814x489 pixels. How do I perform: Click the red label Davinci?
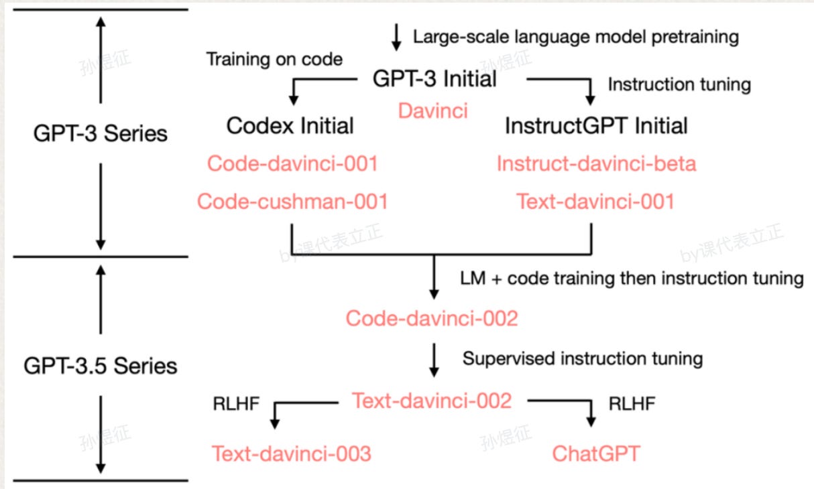pos(432,111)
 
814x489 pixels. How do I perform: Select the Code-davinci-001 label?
pos(292,163)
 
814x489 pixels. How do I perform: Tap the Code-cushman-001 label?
pos(292,201)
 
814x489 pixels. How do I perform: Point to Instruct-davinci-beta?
pos(596,163)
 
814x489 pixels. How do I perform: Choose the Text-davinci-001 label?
pos(595,201)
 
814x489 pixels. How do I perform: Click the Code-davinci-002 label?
pos(432,318)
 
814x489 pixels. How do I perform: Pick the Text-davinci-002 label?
pos(432,401)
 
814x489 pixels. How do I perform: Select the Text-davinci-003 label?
pos(292,453)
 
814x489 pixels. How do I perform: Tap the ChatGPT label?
pos(596,453)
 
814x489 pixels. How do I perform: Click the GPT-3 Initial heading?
pos(434,79)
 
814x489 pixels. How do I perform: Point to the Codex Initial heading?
pos(290,125)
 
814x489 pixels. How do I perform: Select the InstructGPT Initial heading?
pos(596,125)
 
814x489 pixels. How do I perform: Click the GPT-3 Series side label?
pos(100,133)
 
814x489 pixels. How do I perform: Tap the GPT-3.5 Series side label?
pos(100,366)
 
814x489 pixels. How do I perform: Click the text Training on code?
pos(274,59)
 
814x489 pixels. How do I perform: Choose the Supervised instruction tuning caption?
pos(582,358)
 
